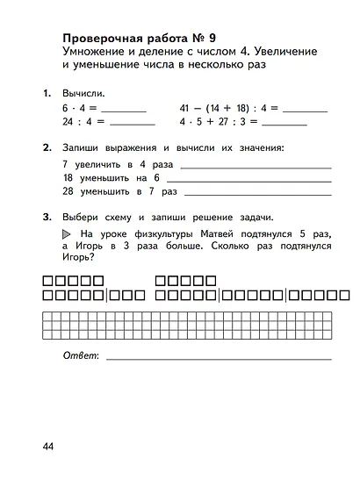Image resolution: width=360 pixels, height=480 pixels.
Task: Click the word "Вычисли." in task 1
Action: click(83, 93)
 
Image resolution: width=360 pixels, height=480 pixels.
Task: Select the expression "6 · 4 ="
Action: click(80, 109)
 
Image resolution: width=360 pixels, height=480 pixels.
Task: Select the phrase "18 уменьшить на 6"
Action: click(105, 177)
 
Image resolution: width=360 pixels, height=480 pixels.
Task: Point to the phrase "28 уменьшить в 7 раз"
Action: click(119, 190)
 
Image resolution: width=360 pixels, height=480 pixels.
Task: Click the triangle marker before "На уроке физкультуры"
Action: click(67, 234)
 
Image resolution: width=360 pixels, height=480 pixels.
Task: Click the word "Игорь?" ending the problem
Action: click(78, 259)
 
